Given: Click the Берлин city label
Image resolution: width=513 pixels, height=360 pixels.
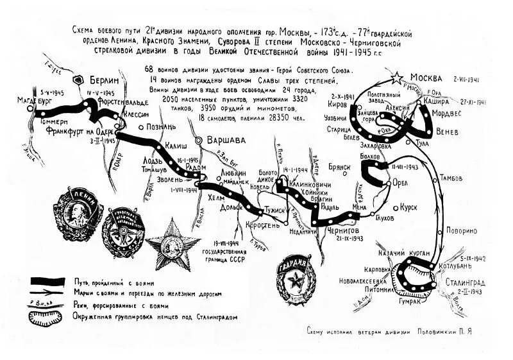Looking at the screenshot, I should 107,81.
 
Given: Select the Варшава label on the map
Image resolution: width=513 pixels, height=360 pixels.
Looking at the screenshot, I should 229,140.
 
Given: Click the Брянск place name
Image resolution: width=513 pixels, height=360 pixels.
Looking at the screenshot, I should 339,166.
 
